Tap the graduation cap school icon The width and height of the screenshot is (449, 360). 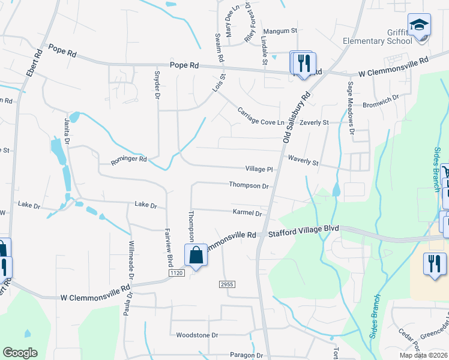point(419,26)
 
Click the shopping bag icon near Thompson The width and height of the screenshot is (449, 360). point(196,256)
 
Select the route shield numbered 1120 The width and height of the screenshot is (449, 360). point(176,272)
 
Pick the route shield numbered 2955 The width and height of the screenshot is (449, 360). point(226,284)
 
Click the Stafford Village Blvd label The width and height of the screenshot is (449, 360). point(304,229)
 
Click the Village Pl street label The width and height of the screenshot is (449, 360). point(259,170)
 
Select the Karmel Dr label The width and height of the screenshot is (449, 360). point(247,212)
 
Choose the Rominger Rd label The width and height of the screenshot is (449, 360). point(128,160)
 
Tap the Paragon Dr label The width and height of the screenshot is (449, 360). point(246,355)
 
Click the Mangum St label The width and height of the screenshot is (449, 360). point(281,30)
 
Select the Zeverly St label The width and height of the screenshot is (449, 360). point(315,122)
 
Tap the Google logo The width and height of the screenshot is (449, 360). point(20,353)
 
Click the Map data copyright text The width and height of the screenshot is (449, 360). point(424,355)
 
